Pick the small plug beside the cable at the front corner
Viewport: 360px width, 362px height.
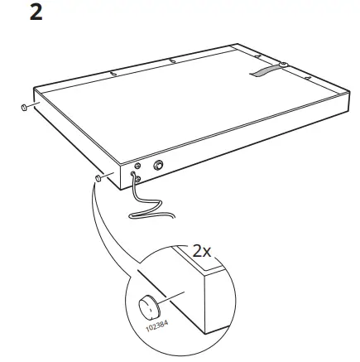98,177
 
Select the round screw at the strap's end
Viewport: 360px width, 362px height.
284,64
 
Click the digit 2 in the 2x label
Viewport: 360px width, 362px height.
197,249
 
